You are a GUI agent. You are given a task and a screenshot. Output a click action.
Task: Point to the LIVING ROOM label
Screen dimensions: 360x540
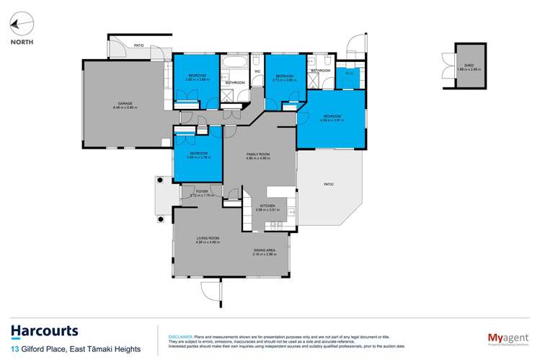click(x=208, y=239)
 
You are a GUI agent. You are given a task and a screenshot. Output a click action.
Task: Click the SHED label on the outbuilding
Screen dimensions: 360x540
click(x=469, y=66)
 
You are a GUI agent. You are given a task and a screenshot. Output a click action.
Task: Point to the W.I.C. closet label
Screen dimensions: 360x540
click(x=348, y=73)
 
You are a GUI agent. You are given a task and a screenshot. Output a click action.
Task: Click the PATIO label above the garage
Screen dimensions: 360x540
click(x=138, y=45)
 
